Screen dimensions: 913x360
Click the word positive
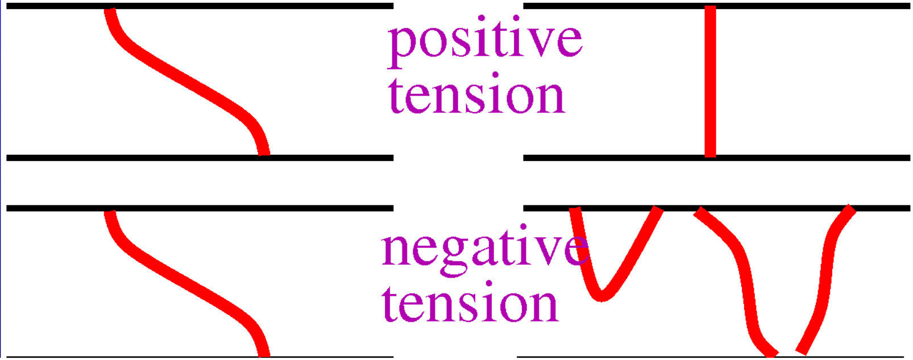pos(484,41)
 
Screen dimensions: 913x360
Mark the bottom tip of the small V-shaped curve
pos(602,296)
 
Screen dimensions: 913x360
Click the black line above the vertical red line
pos(796,6)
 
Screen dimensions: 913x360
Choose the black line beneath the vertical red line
pos(796,158)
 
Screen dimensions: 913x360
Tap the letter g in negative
pos(444,255)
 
